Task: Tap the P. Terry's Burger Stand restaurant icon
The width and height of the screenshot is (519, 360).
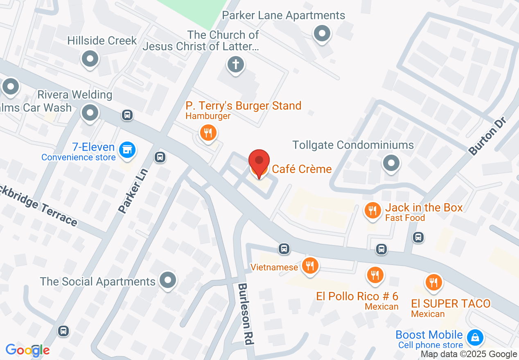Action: point(208,133)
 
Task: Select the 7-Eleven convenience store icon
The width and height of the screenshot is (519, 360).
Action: point(127,150)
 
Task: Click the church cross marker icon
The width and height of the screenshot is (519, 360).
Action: point(236,65)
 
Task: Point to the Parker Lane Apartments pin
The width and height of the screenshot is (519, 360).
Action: point(322,33)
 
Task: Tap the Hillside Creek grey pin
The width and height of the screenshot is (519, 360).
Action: point(90,59)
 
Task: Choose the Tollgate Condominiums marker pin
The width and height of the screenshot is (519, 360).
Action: point(391,163)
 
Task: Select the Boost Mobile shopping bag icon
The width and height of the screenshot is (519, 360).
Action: point(475,338)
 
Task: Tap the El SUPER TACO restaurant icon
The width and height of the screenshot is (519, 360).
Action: point(433,282)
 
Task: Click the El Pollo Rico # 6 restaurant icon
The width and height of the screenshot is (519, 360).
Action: point(374,274)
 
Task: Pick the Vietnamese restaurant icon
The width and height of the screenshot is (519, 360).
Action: point(310,266)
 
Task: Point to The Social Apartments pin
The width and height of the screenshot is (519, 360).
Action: point(167,280)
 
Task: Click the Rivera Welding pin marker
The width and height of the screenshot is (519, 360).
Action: point(90,112)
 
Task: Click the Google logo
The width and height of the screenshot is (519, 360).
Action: point(27,350)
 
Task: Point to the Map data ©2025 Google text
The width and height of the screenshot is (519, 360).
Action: point(469,354)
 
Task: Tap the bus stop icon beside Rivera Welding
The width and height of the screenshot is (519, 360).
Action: point(127,115)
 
